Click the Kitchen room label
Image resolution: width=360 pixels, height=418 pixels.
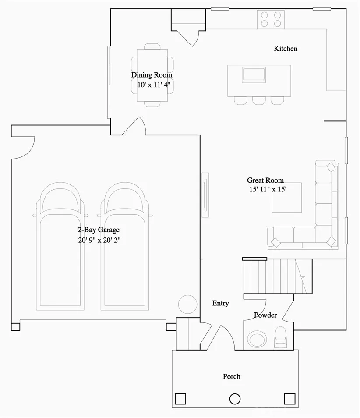pos(286,49)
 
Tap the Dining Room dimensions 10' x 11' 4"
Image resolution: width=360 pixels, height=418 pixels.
pos(152,85)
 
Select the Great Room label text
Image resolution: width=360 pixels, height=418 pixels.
pos(265,180)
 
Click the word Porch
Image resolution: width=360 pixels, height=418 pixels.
pos(231,376)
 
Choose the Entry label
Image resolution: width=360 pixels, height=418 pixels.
pos(220,303)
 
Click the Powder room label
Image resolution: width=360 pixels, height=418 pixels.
pos(265,315)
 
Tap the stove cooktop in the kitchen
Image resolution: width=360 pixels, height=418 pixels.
pos(271,20)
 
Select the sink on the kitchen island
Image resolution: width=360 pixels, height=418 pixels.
pos(254,74)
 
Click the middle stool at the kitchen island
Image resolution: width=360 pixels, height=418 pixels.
pos(259,100)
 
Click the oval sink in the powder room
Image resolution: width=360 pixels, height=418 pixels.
pos(256,339)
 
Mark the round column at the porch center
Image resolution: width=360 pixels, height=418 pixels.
pos(235,399)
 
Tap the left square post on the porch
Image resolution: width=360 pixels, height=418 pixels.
pos(180,399)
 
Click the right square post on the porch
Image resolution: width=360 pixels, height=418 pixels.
pos(289,399)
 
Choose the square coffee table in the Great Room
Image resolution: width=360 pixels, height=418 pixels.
pos(286,197)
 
